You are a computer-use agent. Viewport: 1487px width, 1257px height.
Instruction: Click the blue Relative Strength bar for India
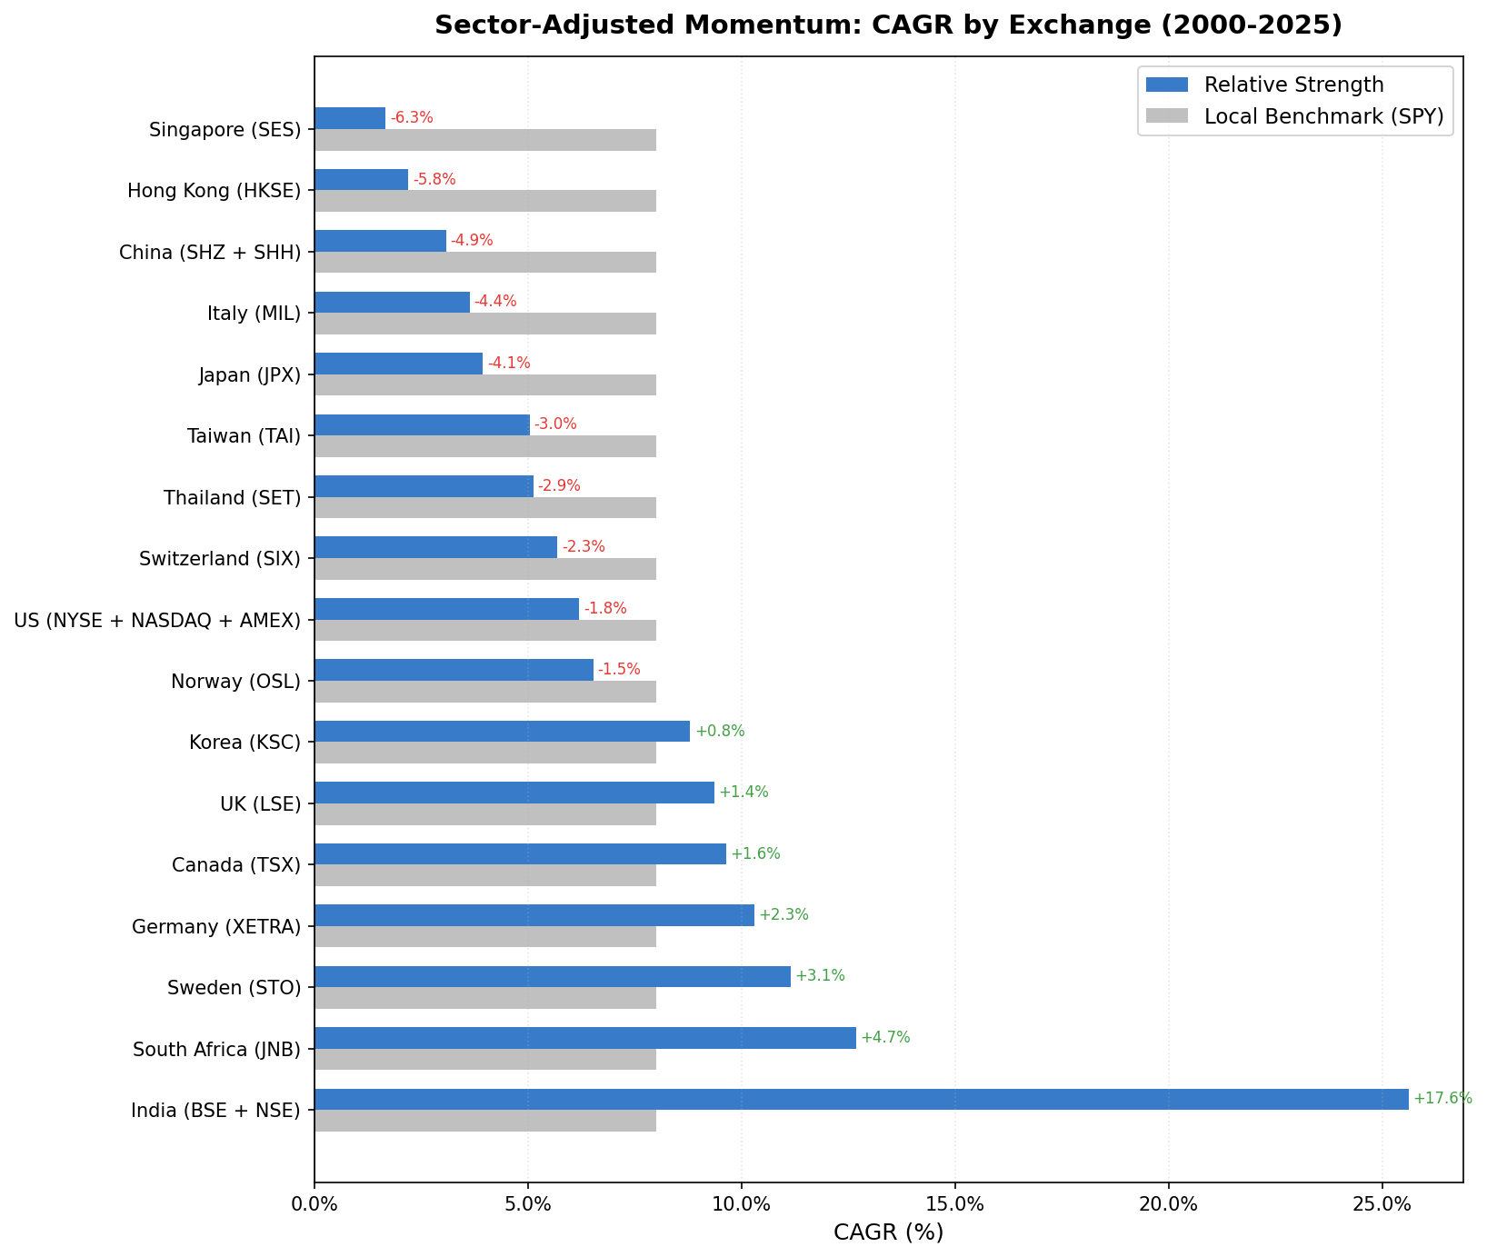click(861, 1099)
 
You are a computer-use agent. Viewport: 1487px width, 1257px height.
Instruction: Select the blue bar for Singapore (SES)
click(350, 118)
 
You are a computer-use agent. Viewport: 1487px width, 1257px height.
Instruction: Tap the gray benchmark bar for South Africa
click(485, 1059)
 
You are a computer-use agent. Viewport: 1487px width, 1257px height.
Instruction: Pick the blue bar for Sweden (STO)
click(552, 976)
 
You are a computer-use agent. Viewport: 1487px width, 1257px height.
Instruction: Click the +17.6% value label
click(1442, 1099)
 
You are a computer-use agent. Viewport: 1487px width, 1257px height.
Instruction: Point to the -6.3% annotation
click(412, 118)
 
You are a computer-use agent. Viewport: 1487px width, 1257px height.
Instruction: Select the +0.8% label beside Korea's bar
click(719, 731)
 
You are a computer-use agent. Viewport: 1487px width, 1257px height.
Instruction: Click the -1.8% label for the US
click(605, 609)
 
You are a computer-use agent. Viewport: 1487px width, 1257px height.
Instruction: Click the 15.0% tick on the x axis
click(954, 1204)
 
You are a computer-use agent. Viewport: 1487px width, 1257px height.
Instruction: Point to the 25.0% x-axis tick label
click(1382, 1204)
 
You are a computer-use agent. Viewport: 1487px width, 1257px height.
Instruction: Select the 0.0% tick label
click(314, 1204)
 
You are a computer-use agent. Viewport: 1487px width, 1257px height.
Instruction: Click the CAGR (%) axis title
click(888, 1233)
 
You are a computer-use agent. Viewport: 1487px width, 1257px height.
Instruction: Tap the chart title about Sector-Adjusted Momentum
click(888, 25)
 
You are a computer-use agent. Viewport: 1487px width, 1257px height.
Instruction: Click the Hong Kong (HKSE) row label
click(214, 191)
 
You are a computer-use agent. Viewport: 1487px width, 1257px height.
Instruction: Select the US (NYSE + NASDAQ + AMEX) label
click(157, 621)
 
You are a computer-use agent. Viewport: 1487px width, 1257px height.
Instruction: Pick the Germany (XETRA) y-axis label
click(215, 927)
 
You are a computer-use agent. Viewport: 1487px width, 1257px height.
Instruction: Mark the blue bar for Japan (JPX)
click(398, 364)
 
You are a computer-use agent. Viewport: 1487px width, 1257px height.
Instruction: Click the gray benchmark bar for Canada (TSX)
click(485, 875)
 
